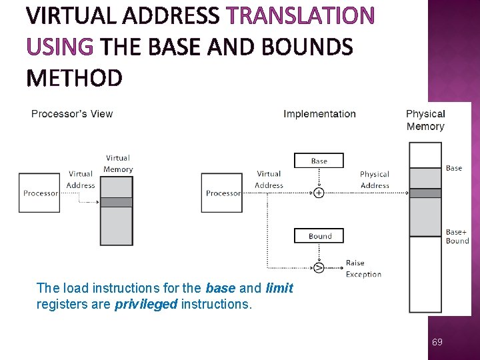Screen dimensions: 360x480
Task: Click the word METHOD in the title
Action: [74, 78]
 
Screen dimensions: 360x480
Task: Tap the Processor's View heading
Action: [72, 113]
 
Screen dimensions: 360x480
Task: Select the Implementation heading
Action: [319, 113]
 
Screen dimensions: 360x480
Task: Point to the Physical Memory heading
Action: [425, 120]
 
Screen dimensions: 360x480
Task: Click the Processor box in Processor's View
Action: [40, 193]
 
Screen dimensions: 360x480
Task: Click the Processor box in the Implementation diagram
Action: [223, 193]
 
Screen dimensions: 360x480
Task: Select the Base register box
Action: [319, 161]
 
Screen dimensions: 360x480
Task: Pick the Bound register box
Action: [319, 236]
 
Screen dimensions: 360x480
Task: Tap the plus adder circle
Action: [319, 193]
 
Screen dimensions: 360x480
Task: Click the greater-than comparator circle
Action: [319, 268]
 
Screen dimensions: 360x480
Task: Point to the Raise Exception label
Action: [363, 269]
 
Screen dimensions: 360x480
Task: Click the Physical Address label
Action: [375, 180]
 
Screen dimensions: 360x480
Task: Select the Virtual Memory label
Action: [118, 163]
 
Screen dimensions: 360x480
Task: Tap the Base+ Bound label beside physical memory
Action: [457, 237]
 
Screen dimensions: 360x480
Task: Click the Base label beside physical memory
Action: [454, 168]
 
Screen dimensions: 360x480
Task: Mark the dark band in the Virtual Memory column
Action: [116, 202]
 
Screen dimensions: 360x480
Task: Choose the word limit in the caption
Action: [279, 289]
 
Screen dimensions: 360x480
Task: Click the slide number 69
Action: [437, 342]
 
